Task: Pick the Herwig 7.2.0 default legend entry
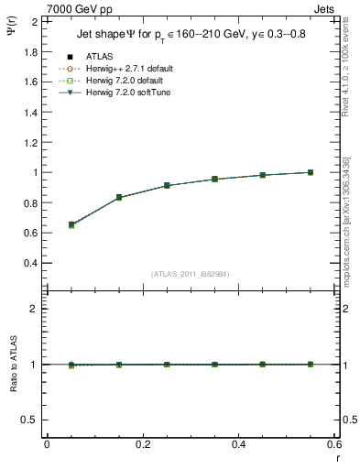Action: pyautogui.click(x=130, y=81)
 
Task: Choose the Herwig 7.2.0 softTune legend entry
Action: pyautogui.click(x=133, y=93)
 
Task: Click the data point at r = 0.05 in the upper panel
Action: pyautogui.click(x=71, y=224)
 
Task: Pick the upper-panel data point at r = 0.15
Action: pyautogui.click(x=119, y=197)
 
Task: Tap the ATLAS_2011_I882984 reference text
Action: pyautogui.click(x=190, y=273)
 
